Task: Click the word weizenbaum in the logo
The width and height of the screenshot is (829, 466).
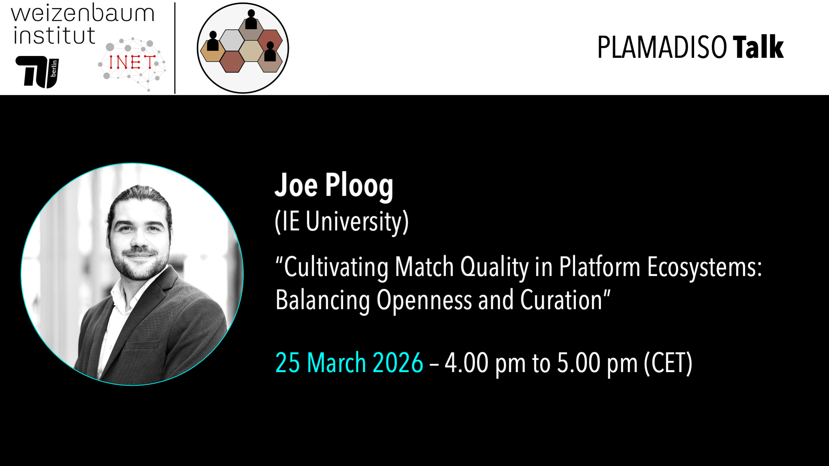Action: click(83, 14)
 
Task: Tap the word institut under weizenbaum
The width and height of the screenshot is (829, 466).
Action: click(54, 36)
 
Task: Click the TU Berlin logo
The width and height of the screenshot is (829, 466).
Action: click(37, 72)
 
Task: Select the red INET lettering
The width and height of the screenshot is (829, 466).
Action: click(132, 62)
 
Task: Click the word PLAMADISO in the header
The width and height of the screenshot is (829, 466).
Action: click(662, 48)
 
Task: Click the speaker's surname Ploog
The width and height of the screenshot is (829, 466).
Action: click(359, 186)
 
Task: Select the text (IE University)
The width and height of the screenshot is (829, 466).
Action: click(342, 221)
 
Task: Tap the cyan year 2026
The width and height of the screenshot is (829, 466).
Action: click(398, 363)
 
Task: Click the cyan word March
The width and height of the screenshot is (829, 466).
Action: click(336, 363)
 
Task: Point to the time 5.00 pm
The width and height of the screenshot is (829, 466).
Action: click(597, 363)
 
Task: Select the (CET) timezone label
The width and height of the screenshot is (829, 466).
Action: click(668, 363)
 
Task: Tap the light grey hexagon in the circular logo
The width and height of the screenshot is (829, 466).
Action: click(232, 40)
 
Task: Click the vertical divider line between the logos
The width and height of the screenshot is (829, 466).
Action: click(175, 48)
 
